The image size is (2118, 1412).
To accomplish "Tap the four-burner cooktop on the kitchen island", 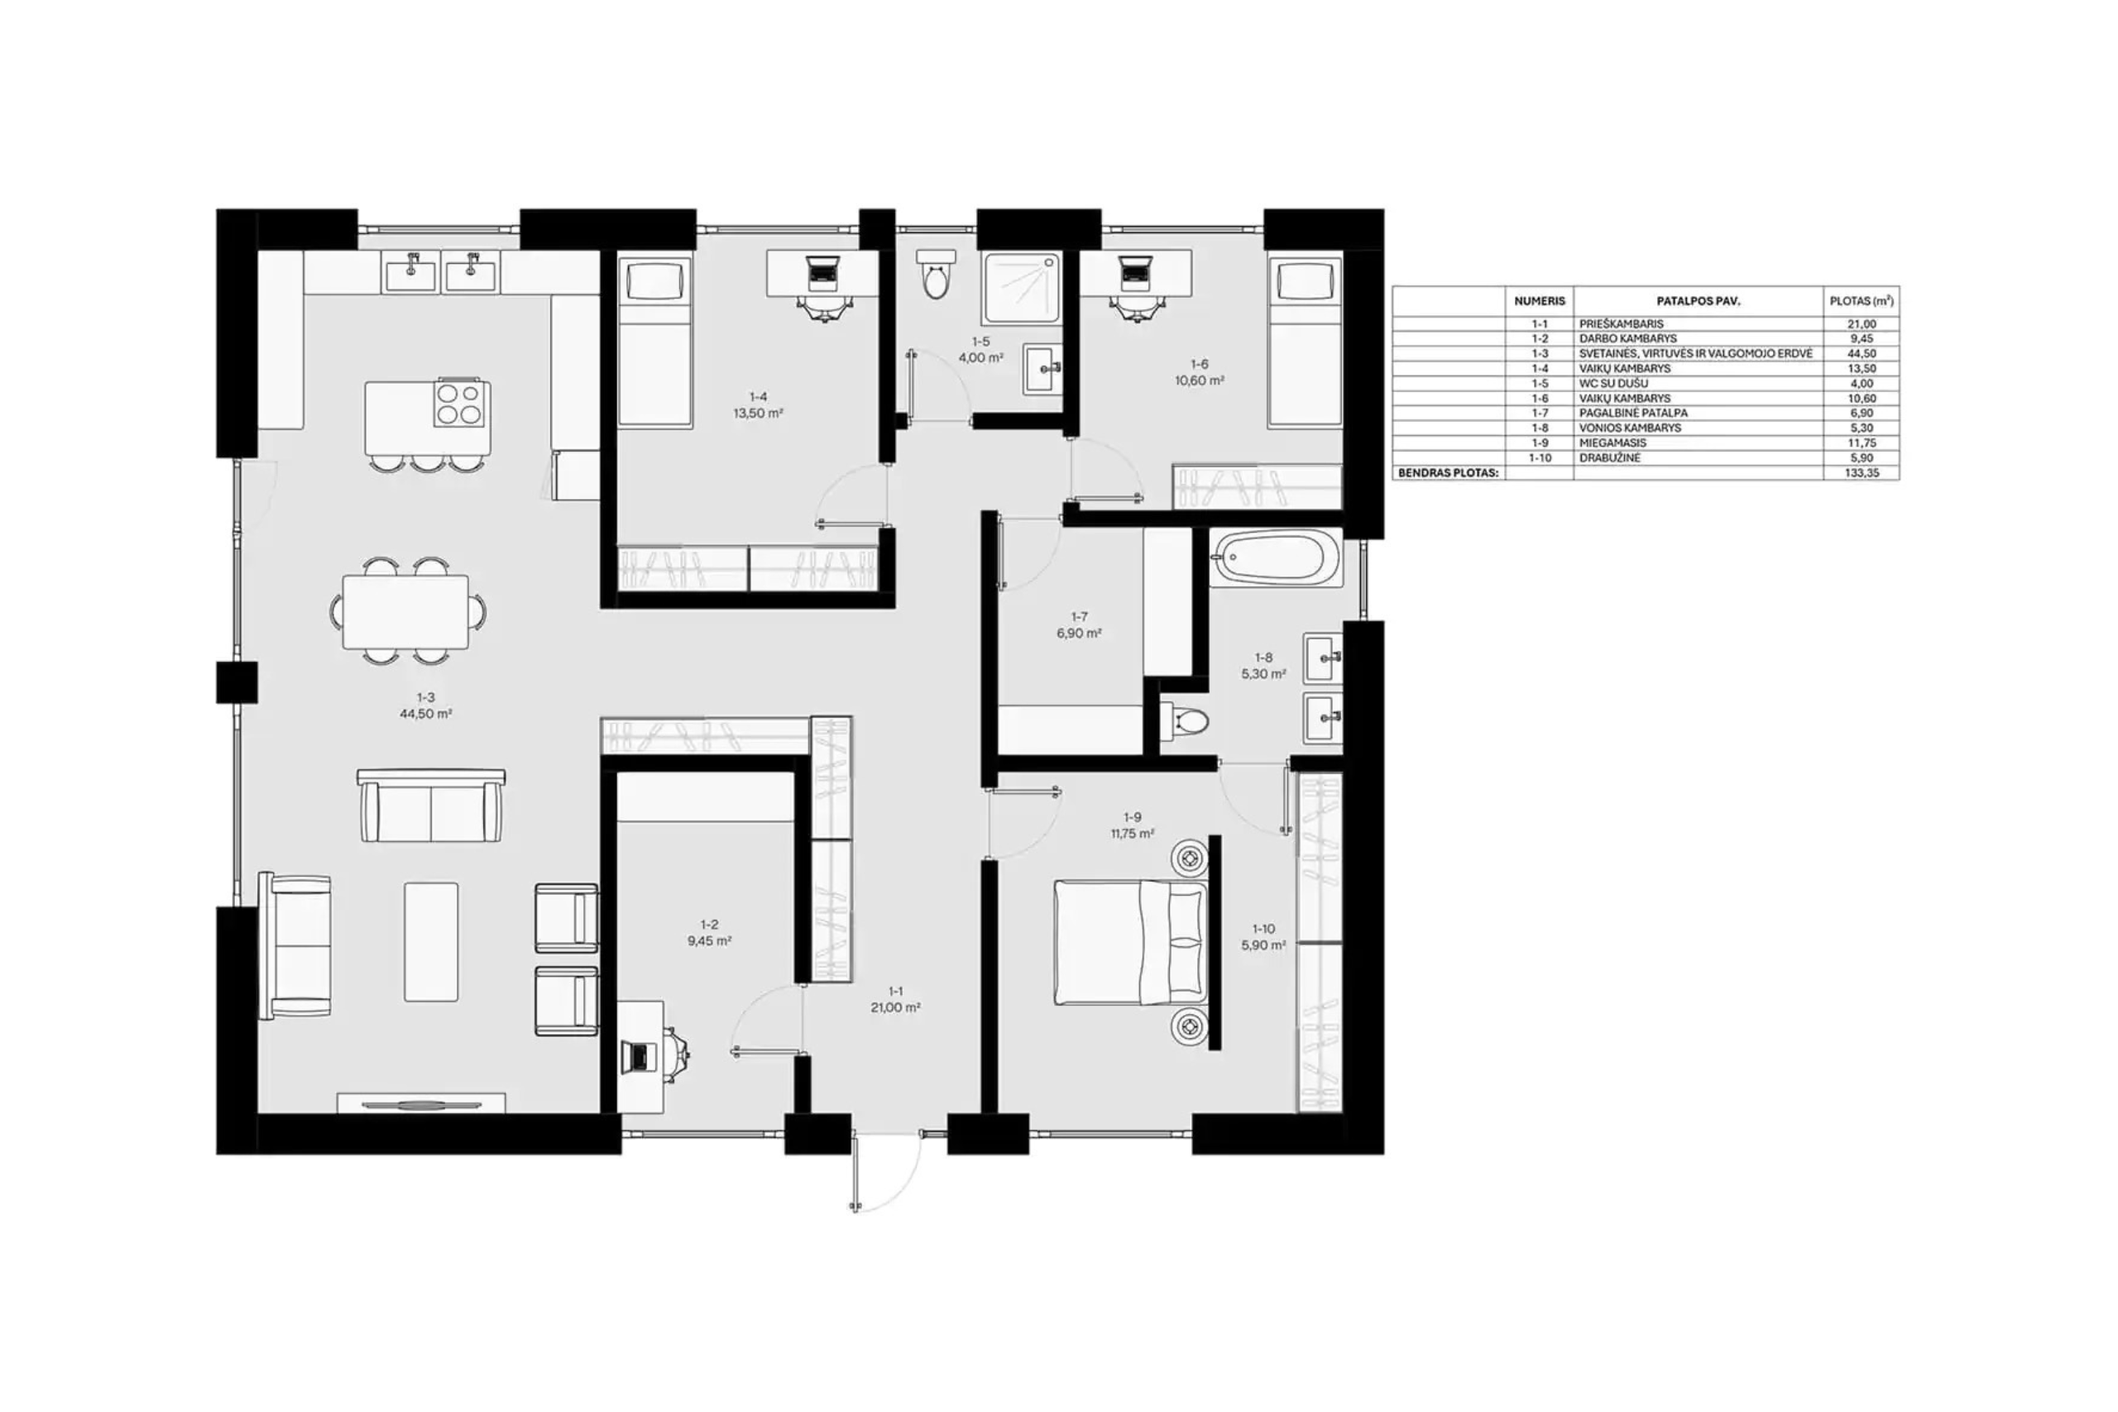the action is (462, 403).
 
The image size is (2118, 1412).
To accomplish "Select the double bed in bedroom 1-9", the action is (1130, 942).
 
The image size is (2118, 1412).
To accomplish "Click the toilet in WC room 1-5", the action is (936, 274).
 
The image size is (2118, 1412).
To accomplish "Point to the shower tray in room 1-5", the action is (1022, 288).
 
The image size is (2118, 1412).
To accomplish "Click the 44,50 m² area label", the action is (426, 714).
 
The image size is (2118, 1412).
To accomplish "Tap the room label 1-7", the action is (1079, 617).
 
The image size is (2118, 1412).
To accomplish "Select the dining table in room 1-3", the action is (405, 611).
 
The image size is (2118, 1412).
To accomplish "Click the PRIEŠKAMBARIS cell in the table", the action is (1622, 324).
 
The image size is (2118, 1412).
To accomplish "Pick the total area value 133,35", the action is (1862, 473).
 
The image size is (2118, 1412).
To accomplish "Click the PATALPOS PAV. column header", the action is (1699, 302).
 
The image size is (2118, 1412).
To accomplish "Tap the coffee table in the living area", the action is (431, 941).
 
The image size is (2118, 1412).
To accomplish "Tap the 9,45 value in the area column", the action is (1862, 338).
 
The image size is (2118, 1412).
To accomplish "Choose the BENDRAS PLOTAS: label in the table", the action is (1448, 473).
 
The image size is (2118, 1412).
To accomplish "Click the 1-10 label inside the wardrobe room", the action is (1263, 929).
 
